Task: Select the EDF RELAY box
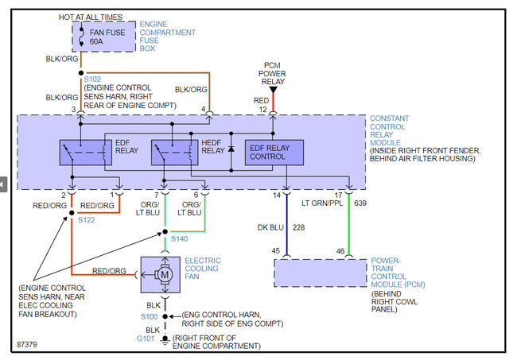(x=85, y=151)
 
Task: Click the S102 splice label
(x=93, y=79)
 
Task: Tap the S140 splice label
(x=179, y=238)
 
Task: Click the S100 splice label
(x=150, y=315)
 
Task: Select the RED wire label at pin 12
(x=260, y=101)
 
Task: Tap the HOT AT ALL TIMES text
(x=91, y=16)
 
